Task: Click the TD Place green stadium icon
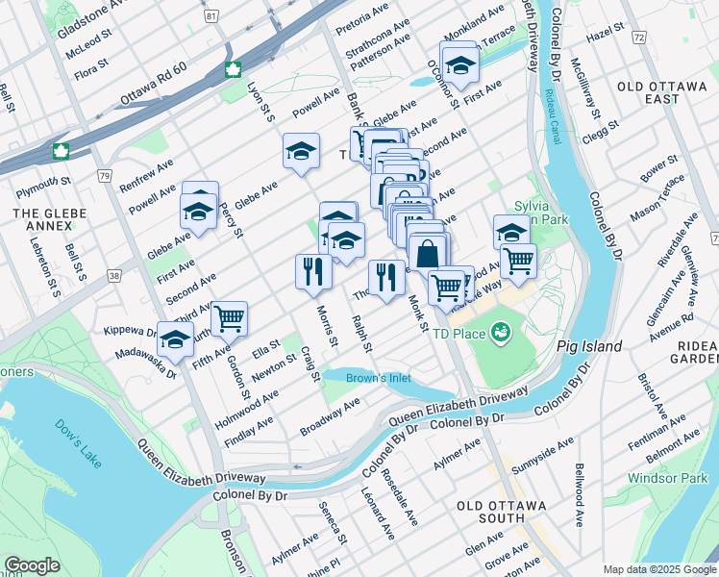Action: click(499, 334)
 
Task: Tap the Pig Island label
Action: click(588, 345)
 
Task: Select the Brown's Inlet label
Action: click(379, 378)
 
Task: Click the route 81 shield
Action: click(211, 15)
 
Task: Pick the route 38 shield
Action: click(114, 275)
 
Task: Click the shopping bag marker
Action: click(428, 255)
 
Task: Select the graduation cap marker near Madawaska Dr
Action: click(175, 339)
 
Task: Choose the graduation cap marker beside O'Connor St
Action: click(461, 65)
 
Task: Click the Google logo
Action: click(33, 565)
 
